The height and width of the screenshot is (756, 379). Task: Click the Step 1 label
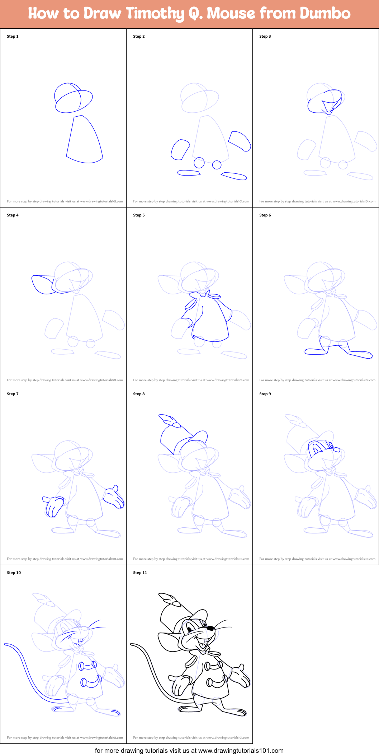click(x=13, y=36)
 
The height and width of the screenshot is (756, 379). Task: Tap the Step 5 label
click(x=139, y=215)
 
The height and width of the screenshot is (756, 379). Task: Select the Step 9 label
click(x=265, y=394)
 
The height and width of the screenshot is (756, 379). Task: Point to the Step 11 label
click(x=140, y=573)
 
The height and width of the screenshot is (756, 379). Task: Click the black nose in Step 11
click(x=211, y=628)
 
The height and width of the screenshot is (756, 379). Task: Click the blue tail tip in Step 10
click(x=6, y=644)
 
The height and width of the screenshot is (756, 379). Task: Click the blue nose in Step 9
click(x=337, y=449)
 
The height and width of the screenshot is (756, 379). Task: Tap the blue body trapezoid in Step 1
click(x=84, y=140)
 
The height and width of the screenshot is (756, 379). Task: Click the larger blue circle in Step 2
click(x=199, y=163)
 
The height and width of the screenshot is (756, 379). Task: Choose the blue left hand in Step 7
click(x=53, y=505)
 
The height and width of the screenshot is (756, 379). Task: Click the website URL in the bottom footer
click(x=241, y=750)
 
